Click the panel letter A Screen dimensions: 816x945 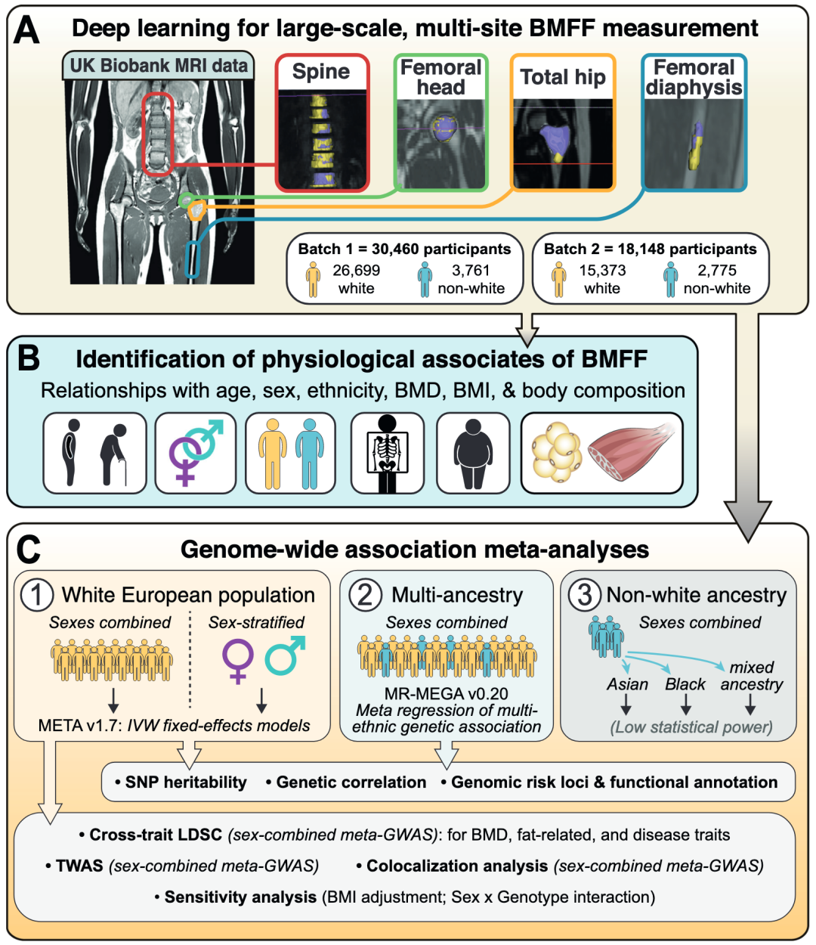26,30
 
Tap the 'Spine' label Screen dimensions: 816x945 321,72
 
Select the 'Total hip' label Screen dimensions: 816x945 562,77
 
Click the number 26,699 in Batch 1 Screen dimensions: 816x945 356,270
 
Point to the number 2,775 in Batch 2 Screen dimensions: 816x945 716,270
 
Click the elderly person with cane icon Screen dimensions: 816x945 114,454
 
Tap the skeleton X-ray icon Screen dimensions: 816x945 387,453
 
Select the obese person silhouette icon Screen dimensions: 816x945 473,454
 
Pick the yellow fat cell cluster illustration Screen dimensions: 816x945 557,452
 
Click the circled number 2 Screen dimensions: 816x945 365,595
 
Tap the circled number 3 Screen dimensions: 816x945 584,595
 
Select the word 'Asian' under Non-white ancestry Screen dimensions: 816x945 627,684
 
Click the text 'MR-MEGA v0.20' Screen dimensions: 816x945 446,693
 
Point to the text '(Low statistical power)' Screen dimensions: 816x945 691,727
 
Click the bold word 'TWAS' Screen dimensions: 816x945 79,866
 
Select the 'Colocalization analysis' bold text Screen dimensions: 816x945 457,866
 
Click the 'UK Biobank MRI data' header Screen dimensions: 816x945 159,65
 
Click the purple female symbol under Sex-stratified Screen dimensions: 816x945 237,661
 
